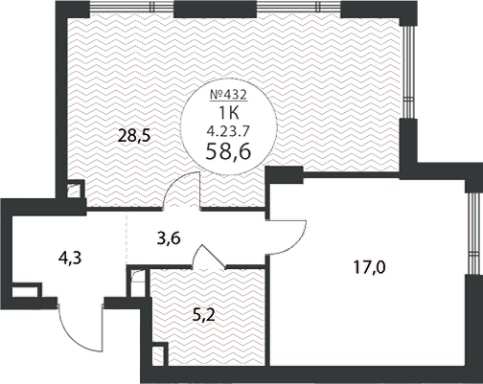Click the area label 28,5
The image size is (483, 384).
pyautogui.click(x=134, y=136)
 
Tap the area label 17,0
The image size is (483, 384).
pyautogui.click(x=370, y=267)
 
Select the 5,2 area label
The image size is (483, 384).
pyautogui.click(x=203, y=316)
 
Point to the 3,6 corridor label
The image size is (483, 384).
pyautogui.click(x=169, y=237)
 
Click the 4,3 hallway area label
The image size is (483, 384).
pyautogui.click(x=70, y=258)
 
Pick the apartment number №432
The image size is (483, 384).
pyautogui.click(x=228, y=95)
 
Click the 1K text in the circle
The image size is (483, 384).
pyautogui.click(x=228, y=112)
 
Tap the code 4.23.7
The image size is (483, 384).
pyautogui.click(x=228, y=130)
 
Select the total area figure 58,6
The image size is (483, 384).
pyautogui.click(x=228, y=150)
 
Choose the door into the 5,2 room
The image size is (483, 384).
pyautogui.click(x=209, y=257)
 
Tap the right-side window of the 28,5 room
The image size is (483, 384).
pyautogui.click(x=406, y=72)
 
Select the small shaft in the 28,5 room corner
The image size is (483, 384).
pyautogui.click(x=76, y=190)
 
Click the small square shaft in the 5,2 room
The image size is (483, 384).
pyautogui.click(x=159, y=354)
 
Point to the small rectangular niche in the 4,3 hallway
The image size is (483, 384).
pyautogui.click(x=26, y=290)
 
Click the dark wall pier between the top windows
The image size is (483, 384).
pyautogui.click(x=215, y=9)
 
